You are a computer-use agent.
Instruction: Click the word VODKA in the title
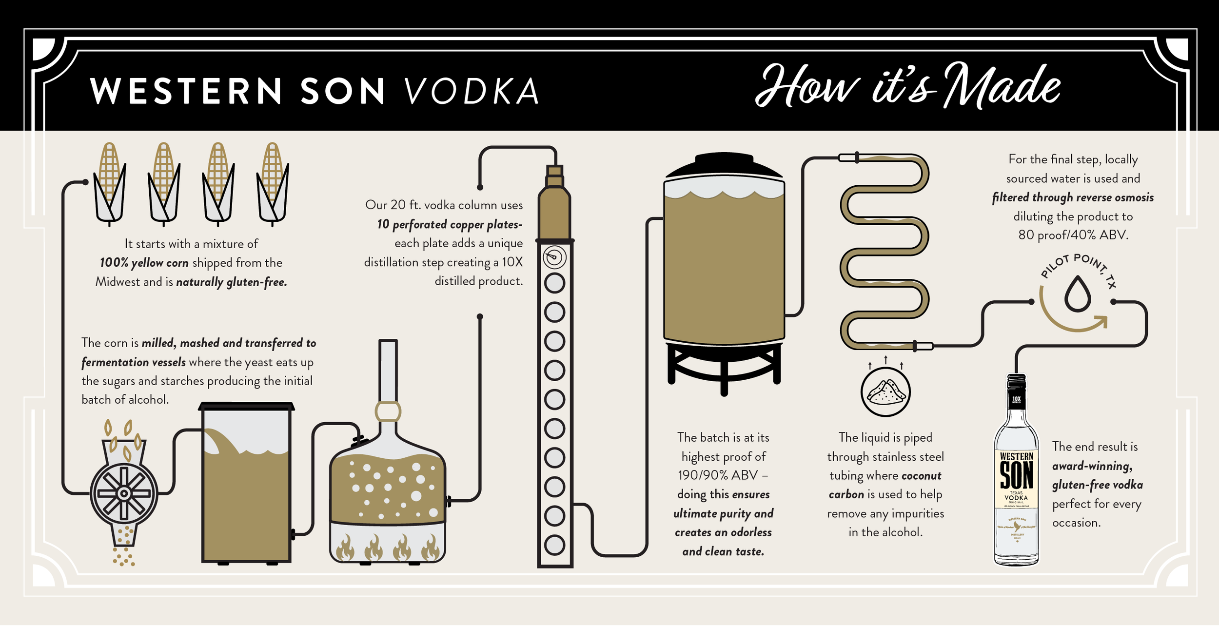[x=472, y=91]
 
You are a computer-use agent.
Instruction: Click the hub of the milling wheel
[x=124, y=493]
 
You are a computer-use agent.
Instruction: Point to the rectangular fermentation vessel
[x=246, y=483]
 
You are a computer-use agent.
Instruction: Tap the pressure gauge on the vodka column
[x=554, y=257]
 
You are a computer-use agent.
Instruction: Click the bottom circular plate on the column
[x=554, y=545]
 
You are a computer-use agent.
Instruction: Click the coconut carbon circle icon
[x=885, y=392]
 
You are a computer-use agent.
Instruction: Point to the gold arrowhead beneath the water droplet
[x=1101, y=322]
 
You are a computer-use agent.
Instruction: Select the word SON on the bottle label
[x=1016, y=475]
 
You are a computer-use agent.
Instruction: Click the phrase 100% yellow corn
[x=144, y=263]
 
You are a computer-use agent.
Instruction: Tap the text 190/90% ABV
[x=717, y=475]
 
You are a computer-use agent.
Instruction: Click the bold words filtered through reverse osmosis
[x=1073, y=197]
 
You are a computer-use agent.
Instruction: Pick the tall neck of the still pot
[x=388, y=371]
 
